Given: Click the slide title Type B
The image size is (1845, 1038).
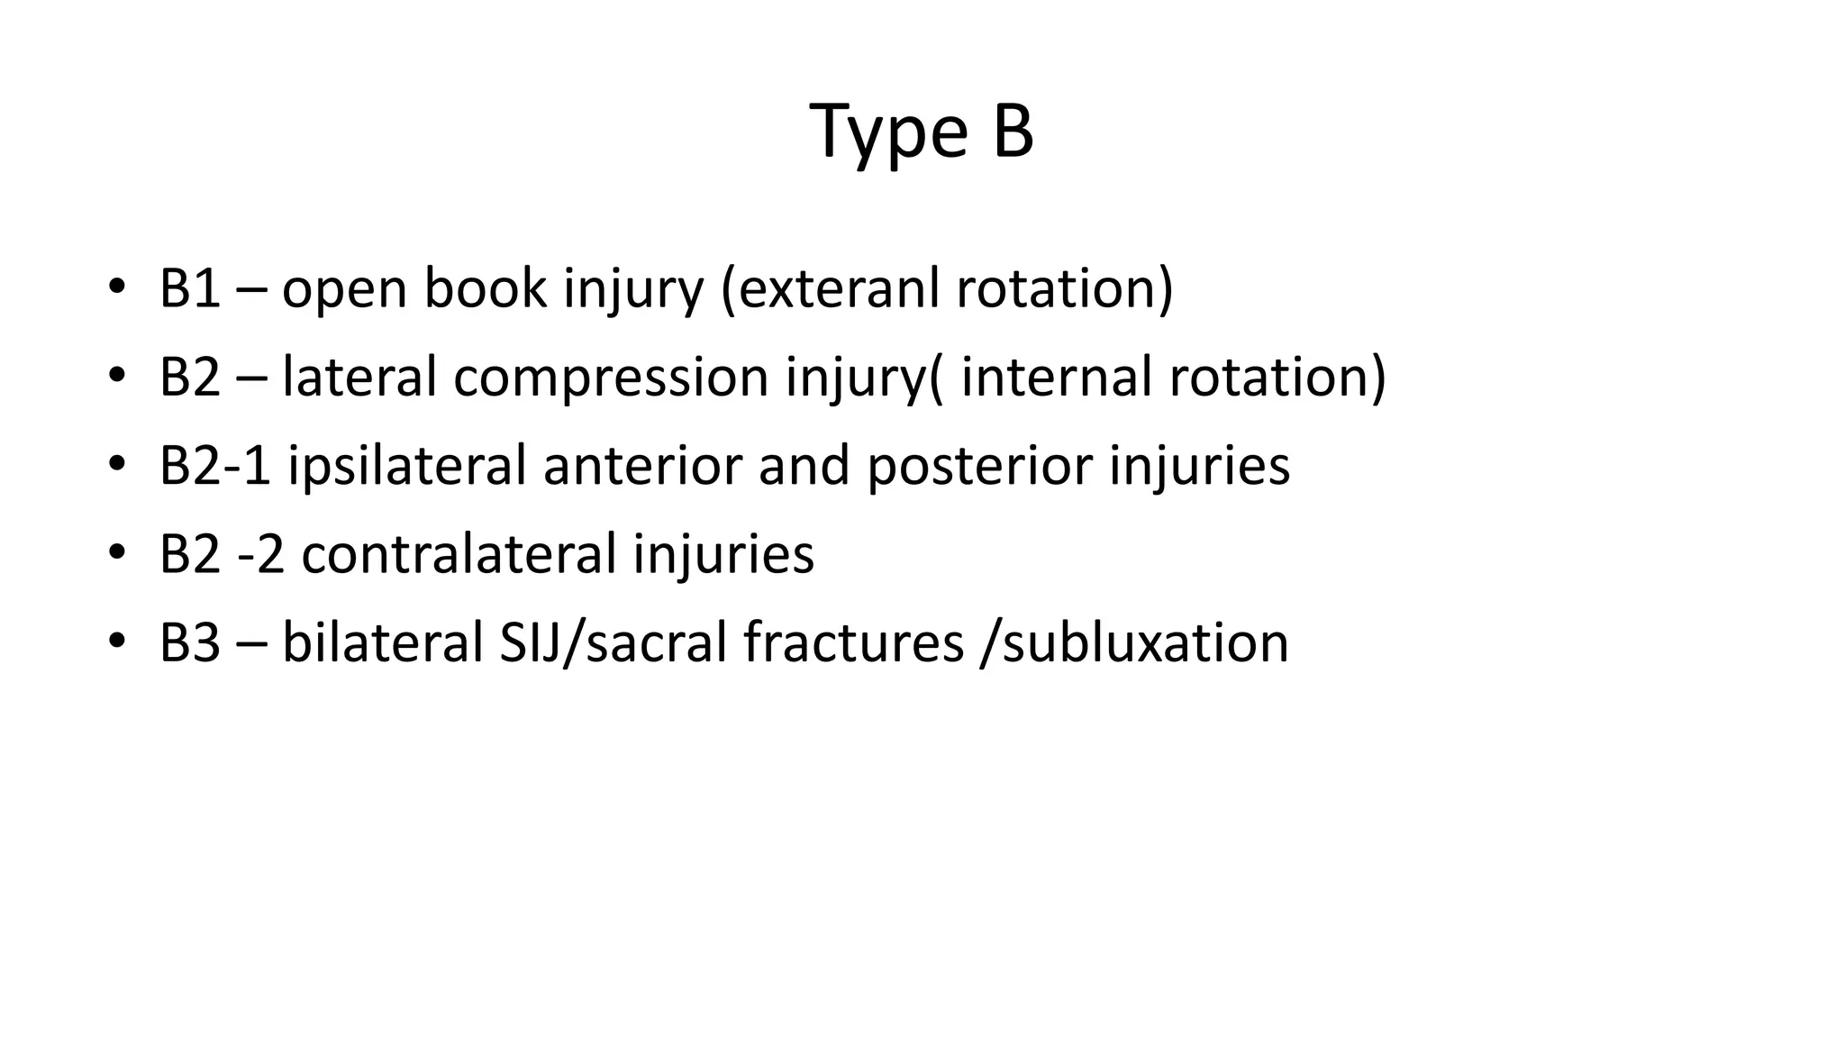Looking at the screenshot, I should (922, 132).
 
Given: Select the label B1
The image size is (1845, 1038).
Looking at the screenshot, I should (189, 289).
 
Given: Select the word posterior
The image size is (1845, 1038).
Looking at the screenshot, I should (979, 466).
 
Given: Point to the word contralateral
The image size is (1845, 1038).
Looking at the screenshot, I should (459, 554).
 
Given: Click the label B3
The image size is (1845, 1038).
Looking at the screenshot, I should (189, 643).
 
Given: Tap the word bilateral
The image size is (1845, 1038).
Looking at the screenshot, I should (383, 643).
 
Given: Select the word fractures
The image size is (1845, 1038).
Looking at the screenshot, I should (853, 643).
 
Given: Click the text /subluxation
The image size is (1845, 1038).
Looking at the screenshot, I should (1134, 643).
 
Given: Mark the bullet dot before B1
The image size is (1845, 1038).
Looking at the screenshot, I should (116, 288).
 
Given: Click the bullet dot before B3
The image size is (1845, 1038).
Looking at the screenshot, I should (116, 642).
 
